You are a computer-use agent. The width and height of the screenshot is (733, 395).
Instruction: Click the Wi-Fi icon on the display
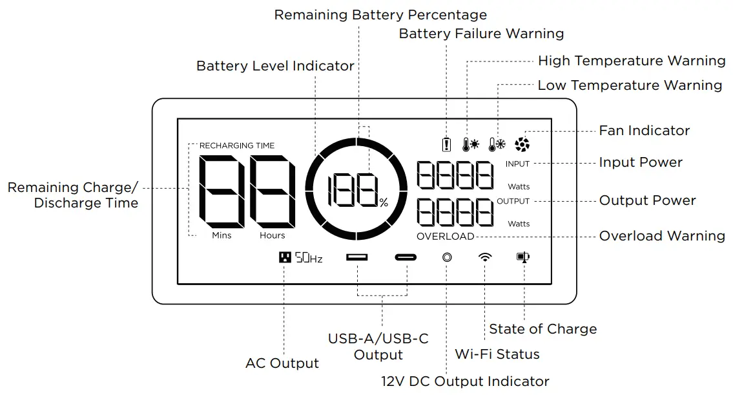point(484,257)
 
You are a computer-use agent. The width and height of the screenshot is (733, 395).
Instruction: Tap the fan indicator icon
point(522,144)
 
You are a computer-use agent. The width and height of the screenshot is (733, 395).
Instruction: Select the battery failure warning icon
point(446,144)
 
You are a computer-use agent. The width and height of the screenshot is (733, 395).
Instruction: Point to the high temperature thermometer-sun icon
point(471,144)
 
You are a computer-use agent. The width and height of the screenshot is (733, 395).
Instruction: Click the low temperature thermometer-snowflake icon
point(497,144)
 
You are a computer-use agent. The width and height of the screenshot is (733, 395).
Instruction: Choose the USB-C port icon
point(406,257)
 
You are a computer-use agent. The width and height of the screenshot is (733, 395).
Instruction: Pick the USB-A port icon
point(356,257)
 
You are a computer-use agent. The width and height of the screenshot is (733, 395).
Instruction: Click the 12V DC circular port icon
point(446,257)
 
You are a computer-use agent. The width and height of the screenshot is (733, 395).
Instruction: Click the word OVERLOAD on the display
point(445,237)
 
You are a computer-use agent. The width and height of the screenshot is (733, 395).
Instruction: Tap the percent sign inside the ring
point(384,203)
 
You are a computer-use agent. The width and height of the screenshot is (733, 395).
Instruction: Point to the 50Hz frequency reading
point(309,258)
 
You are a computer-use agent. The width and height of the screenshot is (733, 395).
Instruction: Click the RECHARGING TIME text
point(236,146)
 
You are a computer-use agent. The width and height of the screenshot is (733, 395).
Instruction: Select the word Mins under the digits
point(222,235)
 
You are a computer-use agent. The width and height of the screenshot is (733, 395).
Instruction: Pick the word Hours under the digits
point(272,235)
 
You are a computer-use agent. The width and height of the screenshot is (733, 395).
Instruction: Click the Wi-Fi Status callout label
point(497,354)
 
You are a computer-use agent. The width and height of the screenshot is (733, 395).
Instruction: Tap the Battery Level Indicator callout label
point(275,66)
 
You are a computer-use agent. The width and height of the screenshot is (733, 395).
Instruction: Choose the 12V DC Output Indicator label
point(464,381)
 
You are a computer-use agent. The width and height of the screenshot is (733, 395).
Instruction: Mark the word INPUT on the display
point(517,164)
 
